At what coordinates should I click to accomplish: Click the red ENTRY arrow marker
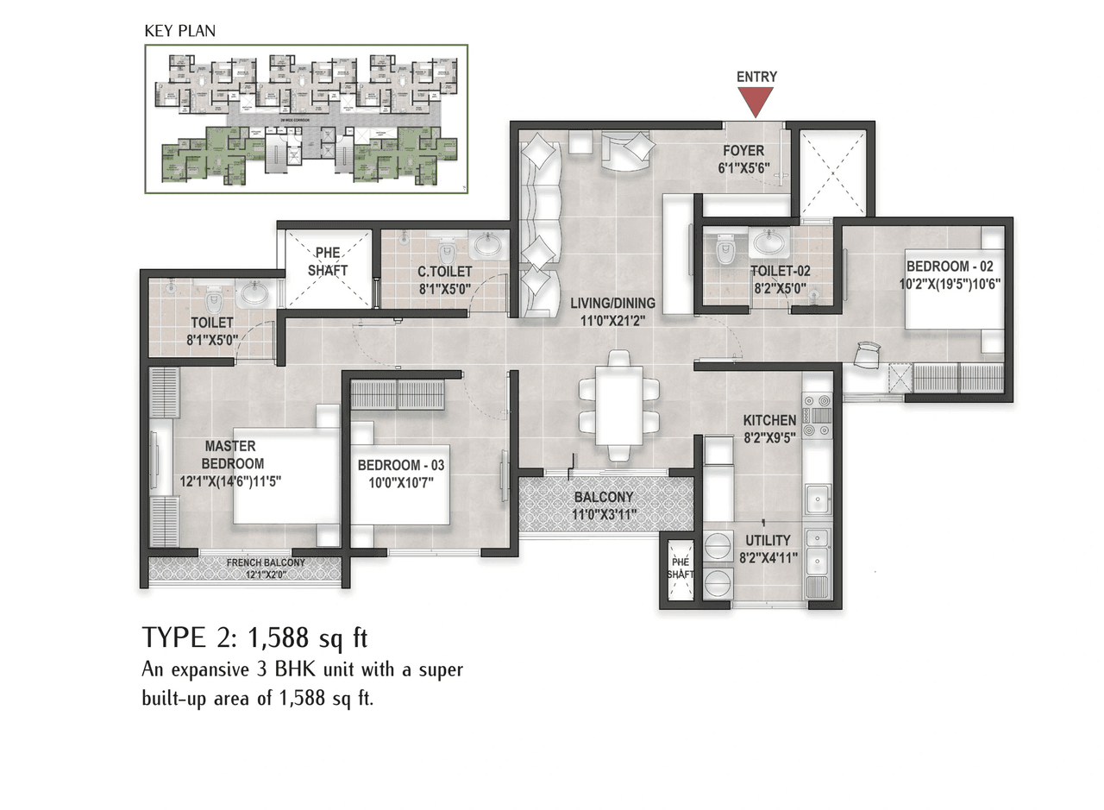pos(756,101)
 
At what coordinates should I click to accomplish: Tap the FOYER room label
pos(743,151)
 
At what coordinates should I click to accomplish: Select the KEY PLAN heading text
pos(179,31)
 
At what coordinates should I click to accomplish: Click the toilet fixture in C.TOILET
pos(446,254)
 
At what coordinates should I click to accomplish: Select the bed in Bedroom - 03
pos(399,483)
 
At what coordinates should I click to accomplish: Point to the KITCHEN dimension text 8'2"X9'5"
pos(769,437)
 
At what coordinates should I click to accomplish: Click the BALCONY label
pos(603,498)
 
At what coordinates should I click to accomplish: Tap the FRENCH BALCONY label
pos(266,562)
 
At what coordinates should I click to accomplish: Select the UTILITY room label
pos(768,541)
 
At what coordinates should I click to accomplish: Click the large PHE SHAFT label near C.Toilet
pos(328,261)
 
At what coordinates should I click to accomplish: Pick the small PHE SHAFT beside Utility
pos(680,568)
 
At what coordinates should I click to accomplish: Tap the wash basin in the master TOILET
pos(254,294)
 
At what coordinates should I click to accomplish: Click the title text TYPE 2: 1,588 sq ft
pos(254,638)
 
